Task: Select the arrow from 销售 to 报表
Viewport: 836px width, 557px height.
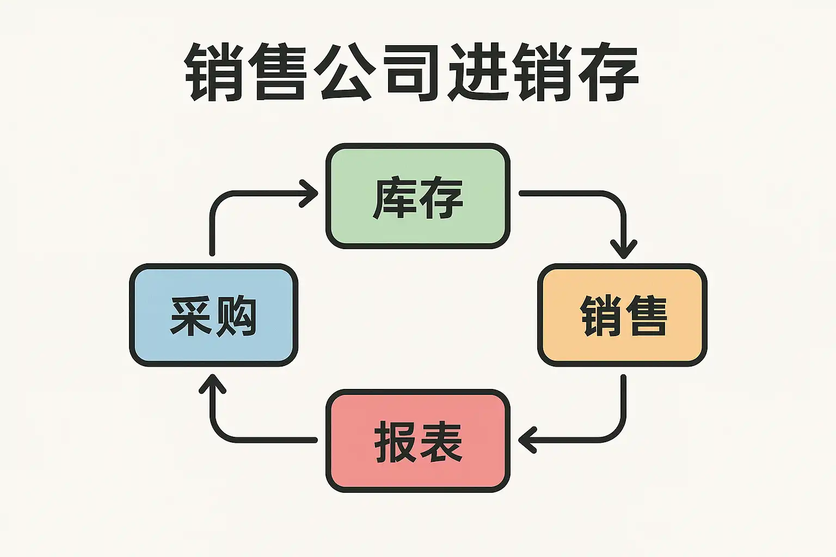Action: (x=604, y=438)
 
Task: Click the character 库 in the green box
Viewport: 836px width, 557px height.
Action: (x=395, y=198)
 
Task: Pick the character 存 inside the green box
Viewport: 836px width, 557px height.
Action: (x=441, y=198)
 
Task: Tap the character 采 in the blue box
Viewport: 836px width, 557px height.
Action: (x=190, y=315)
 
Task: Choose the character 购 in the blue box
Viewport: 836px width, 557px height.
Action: (x=236, y=315)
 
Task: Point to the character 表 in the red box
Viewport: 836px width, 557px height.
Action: (x=441, y=442)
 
